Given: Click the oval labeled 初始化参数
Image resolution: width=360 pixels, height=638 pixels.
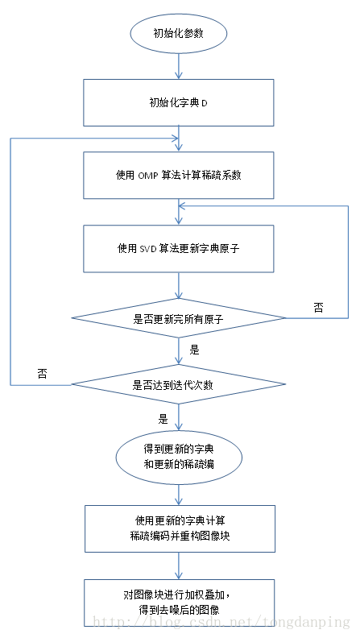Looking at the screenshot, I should (x=178, y=34).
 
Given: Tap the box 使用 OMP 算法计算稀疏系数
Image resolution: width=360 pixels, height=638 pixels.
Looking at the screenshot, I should (x=178, y=174).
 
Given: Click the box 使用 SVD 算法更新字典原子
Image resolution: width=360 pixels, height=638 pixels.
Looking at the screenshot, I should (x=178, y=248).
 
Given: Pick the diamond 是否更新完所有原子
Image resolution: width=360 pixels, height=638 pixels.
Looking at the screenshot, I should (x=178, y=319).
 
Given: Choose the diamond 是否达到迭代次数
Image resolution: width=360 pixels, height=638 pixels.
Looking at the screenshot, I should (x=178, y=384).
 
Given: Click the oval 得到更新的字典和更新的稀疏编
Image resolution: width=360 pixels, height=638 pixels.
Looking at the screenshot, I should (x=178, y=457).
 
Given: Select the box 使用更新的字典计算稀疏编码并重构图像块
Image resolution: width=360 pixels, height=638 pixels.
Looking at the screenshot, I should (x=180, y=528).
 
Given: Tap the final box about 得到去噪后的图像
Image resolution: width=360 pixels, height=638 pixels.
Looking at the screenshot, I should (x=178, y=602).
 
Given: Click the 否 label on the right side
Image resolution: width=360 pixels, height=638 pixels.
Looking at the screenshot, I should (x=319, y=308).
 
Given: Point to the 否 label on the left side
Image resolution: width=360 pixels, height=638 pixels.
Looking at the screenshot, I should (x=42, y=374).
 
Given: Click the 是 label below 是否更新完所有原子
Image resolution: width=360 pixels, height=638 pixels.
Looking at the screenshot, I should (x=194, y=350).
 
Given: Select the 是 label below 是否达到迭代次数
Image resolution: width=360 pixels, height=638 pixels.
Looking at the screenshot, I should (x=163, y=419).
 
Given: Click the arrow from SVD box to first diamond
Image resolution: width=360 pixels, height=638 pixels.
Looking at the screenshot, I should (x=178, y=286).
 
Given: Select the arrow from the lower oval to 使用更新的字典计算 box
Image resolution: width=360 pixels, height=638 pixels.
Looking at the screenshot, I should (x=178, y=493).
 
